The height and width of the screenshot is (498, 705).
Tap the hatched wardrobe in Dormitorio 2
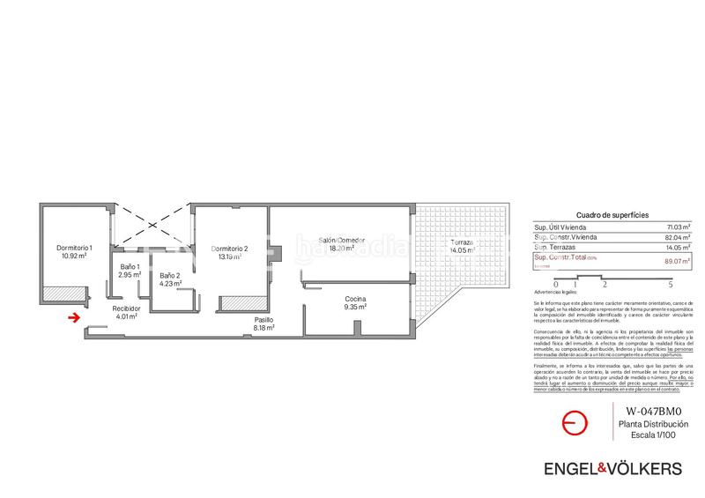[x=244, y=303]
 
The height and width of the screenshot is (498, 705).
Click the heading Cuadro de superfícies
[x=612, y=215]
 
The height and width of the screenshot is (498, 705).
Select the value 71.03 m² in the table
[x=679, y=227]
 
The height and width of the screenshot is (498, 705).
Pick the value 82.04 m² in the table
[x=679, y=238]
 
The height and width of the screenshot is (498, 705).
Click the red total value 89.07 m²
[x=679, y=260]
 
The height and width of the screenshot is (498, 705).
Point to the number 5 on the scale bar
[x=672, y=285]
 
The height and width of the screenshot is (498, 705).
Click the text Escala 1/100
[x=653, y=435]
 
